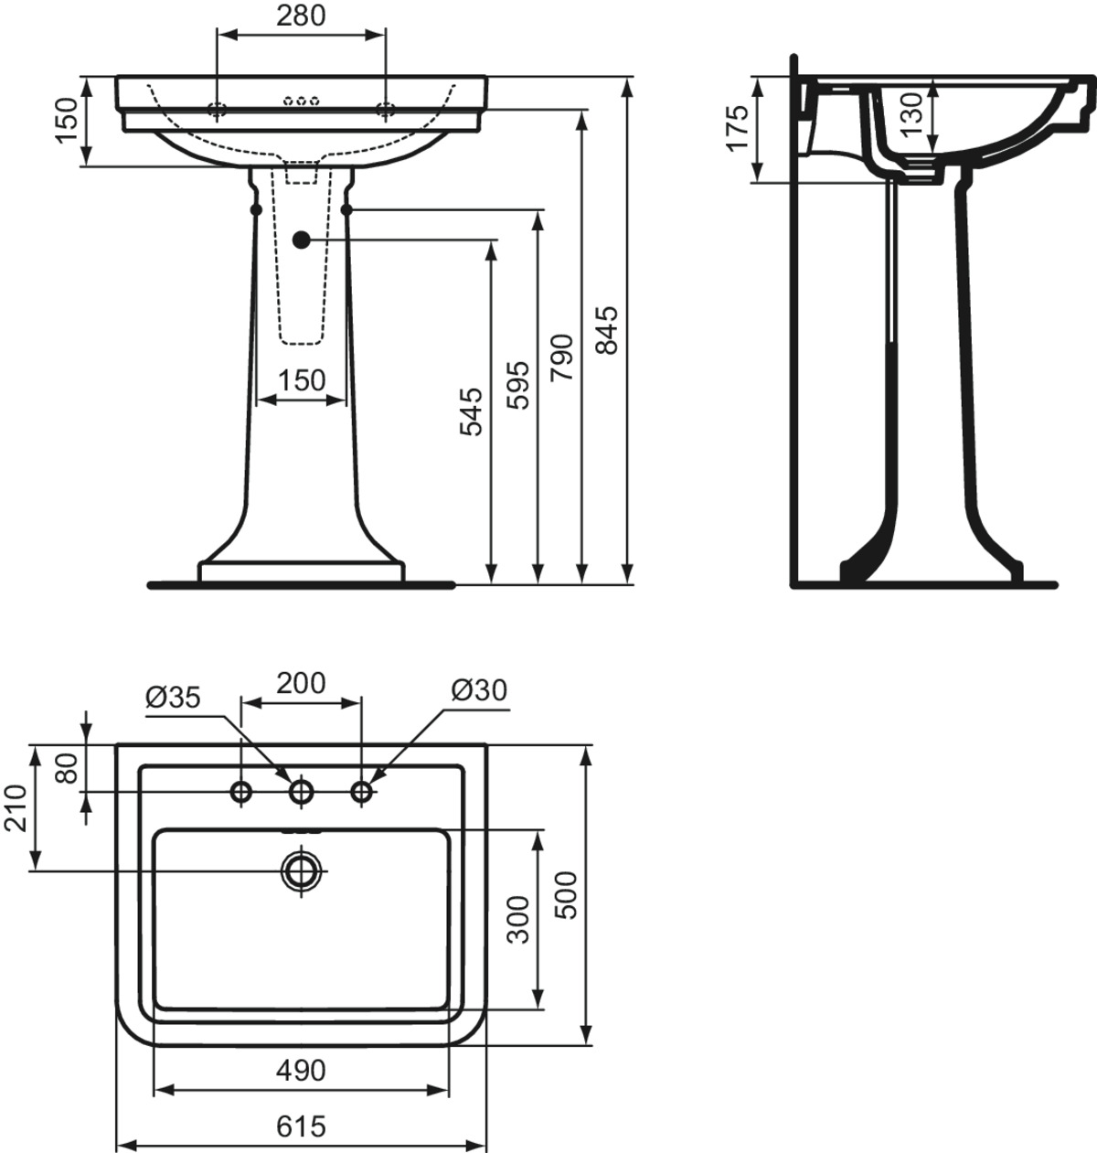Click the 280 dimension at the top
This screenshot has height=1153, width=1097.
pyautogui.click(x=301, y=16)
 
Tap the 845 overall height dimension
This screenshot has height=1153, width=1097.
pyautogui.click(x=606, y=330)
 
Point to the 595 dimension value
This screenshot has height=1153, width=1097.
pyautogui.click(x=517, y=385)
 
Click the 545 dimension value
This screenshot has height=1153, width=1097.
pyautogui.click(x=470, y=411)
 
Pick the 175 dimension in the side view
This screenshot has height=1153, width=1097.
pyautogui.click(x=738, y=128)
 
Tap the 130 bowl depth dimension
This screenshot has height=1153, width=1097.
pyautogui.click(x=913, y=115)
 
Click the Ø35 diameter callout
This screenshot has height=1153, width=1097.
pyautogui.click(x=173, y=698)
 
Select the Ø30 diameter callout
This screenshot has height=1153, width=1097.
pyautogui.click(x=479, y=691)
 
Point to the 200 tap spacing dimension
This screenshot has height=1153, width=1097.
pyautogui.click(x=301, y=683)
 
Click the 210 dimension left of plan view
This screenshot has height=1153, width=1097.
pyautogui.click(x=16, y=808)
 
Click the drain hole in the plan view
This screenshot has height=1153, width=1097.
pyautogui.click(x=302, y=870)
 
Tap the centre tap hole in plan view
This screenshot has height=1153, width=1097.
pyautogui.click(x=301, y=793)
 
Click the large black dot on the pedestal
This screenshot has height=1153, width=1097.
pyautogui.click(x=302, y=240)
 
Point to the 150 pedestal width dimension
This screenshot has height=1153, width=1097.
pyautogui.click(x=302, y=380)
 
